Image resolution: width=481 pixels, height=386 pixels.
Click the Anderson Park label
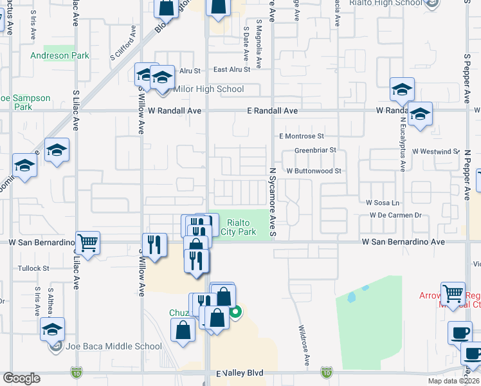pyautogui.click(x=60, y=56)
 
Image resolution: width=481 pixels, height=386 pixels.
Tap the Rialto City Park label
pyautogui.click(x=238, y=227)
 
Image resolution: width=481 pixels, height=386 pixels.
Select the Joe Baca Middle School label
pyautogui.click(x=113, y=347)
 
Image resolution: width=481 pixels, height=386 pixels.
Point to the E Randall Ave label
pyautogui.click(x=273, y=111)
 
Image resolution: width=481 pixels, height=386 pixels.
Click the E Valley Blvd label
pyautogui.click(x=240, y=373)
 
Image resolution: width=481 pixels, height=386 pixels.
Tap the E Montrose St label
pyautogui.click(x=301, y=136)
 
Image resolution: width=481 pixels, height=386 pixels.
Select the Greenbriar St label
pyautogui.click(x=316, y=151)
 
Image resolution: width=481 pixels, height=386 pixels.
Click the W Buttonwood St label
pyautogui.click(x=313, y=171)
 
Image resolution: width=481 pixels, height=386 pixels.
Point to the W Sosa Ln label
pyautogui.click(x=383, y=203)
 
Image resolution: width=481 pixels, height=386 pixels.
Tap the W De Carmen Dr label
pyautogui.click(x=395, y=216)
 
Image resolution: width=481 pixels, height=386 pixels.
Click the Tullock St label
pyautogui.click(x=34, y=268)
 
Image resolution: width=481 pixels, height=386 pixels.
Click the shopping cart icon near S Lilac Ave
pyautogui.click(x=88, y=243)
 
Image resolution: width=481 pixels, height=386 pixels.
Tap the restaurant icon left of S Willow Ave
pyautogui.click(x=154, y=243)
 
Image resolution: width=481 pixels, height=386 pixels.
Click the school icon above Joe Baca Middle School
pyautogui.click(x=52, y=329)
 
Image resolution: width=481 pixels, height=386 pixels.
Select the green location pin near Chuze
pyautogui.click(x=236, y=313)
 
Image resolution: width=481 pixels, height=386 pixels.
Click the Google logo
pyautogui.click(x=21, y=378)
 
